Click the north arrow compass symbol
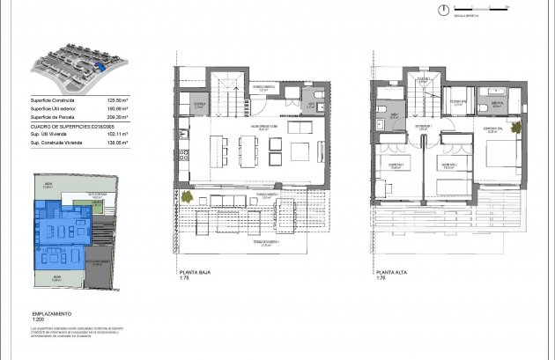pos(443,11)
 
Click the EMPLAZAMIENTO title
pos(50,313)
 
